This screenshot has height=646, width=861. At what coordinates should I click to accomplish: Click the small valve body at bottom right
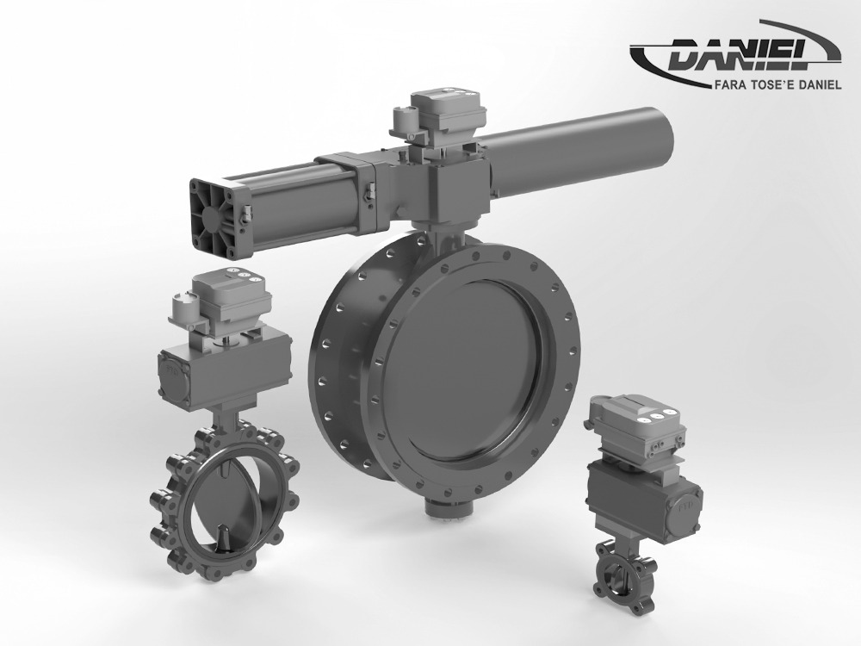[x=617, y=572]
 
